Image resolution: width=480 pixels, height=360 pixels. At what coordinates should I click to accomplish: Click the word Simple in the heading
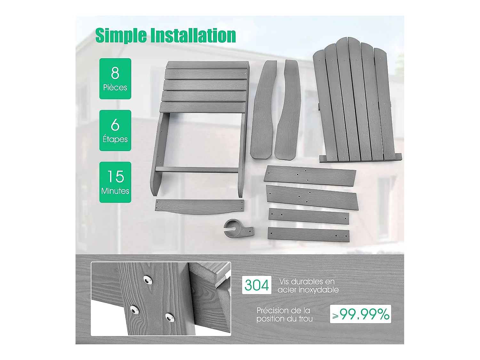(x=121, y=36)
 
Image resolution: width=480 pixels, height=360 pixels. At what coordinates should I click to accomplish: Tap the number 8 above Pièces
(x=115, y=73)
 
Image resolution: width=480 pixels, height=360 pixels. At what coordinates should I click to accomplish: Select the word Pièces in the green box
(x=115, y=87)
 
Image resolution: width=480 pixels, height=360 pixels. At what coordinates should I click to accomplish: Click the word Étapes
(x=115, y=139)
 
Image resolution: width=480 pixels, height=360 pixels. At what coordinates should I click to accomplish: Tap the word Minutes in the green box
(x=115, y=191)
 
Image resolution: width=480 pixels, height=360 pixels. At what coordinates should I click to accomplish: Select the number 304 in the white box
(x=257, y=285)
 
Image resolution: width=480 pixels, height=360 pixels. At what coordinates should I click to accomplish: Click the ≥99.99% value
(x=360, y=314)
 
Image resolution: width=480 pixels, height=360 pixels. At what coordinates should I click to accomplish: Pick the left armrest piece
(x=263, y=109)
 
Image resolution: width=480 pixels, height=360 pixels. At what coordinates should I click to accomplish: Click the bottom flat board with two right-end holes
(x=308, y=235)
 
